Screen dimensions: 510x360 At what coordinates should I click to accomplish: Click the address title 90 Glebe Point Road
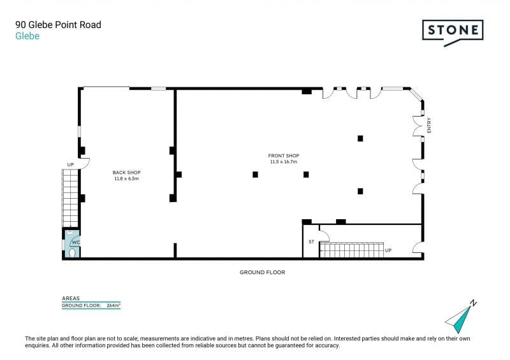[x=58, y=25]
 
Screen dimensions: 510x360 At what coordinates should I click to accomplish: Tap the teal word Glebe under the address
[x=27, y=36]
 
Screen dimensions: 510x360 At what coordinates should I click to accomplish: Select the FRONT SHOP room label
[x=284, y=155]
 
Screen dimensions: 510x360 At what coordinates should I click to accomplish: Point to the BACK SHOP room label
[x=126, y=173]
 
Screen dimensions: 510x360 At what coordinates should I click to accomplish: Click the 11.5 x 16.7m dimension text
[x=284, y=162]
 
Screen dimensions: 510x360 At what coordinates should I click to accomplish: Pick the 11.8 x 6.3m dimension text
[x=126, y=178]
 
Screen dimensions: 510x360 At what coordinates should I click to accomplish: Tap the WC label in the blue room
[x=76, y=242]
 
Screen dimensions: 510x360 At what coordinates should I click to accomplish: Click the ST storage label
[x=312, y=241]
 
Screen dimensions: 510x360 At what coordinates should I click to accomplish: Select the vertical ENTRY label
[x=429, y=125]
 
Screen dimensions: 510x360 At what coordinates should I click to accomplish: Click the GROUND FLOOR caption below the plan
[x=263, y=272]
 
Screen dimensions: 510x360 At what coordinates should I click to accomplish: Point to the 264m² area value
[x=113, y=305]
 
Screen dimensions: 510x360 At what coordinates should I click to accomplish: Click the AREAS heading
[x=71, y=298]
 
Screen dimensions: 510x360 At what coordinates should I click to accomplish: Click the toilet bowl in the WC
[x=72, y=253]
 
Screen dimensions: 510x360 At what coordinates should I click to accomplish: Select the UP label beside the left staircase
[x=71, y=164]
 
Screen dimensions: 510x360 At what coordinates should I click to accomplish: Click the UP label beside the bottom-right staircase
[x=388, y=250]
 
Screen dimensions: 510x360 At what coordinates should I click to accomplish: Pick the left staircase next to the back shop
[x=70, y=198]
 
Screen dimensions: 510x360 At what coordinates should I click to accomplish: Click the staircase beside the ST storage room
[x=352, y=250]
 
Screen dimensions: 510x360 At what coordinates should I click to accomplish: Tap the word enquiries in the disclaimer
[x=37, y=345]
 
